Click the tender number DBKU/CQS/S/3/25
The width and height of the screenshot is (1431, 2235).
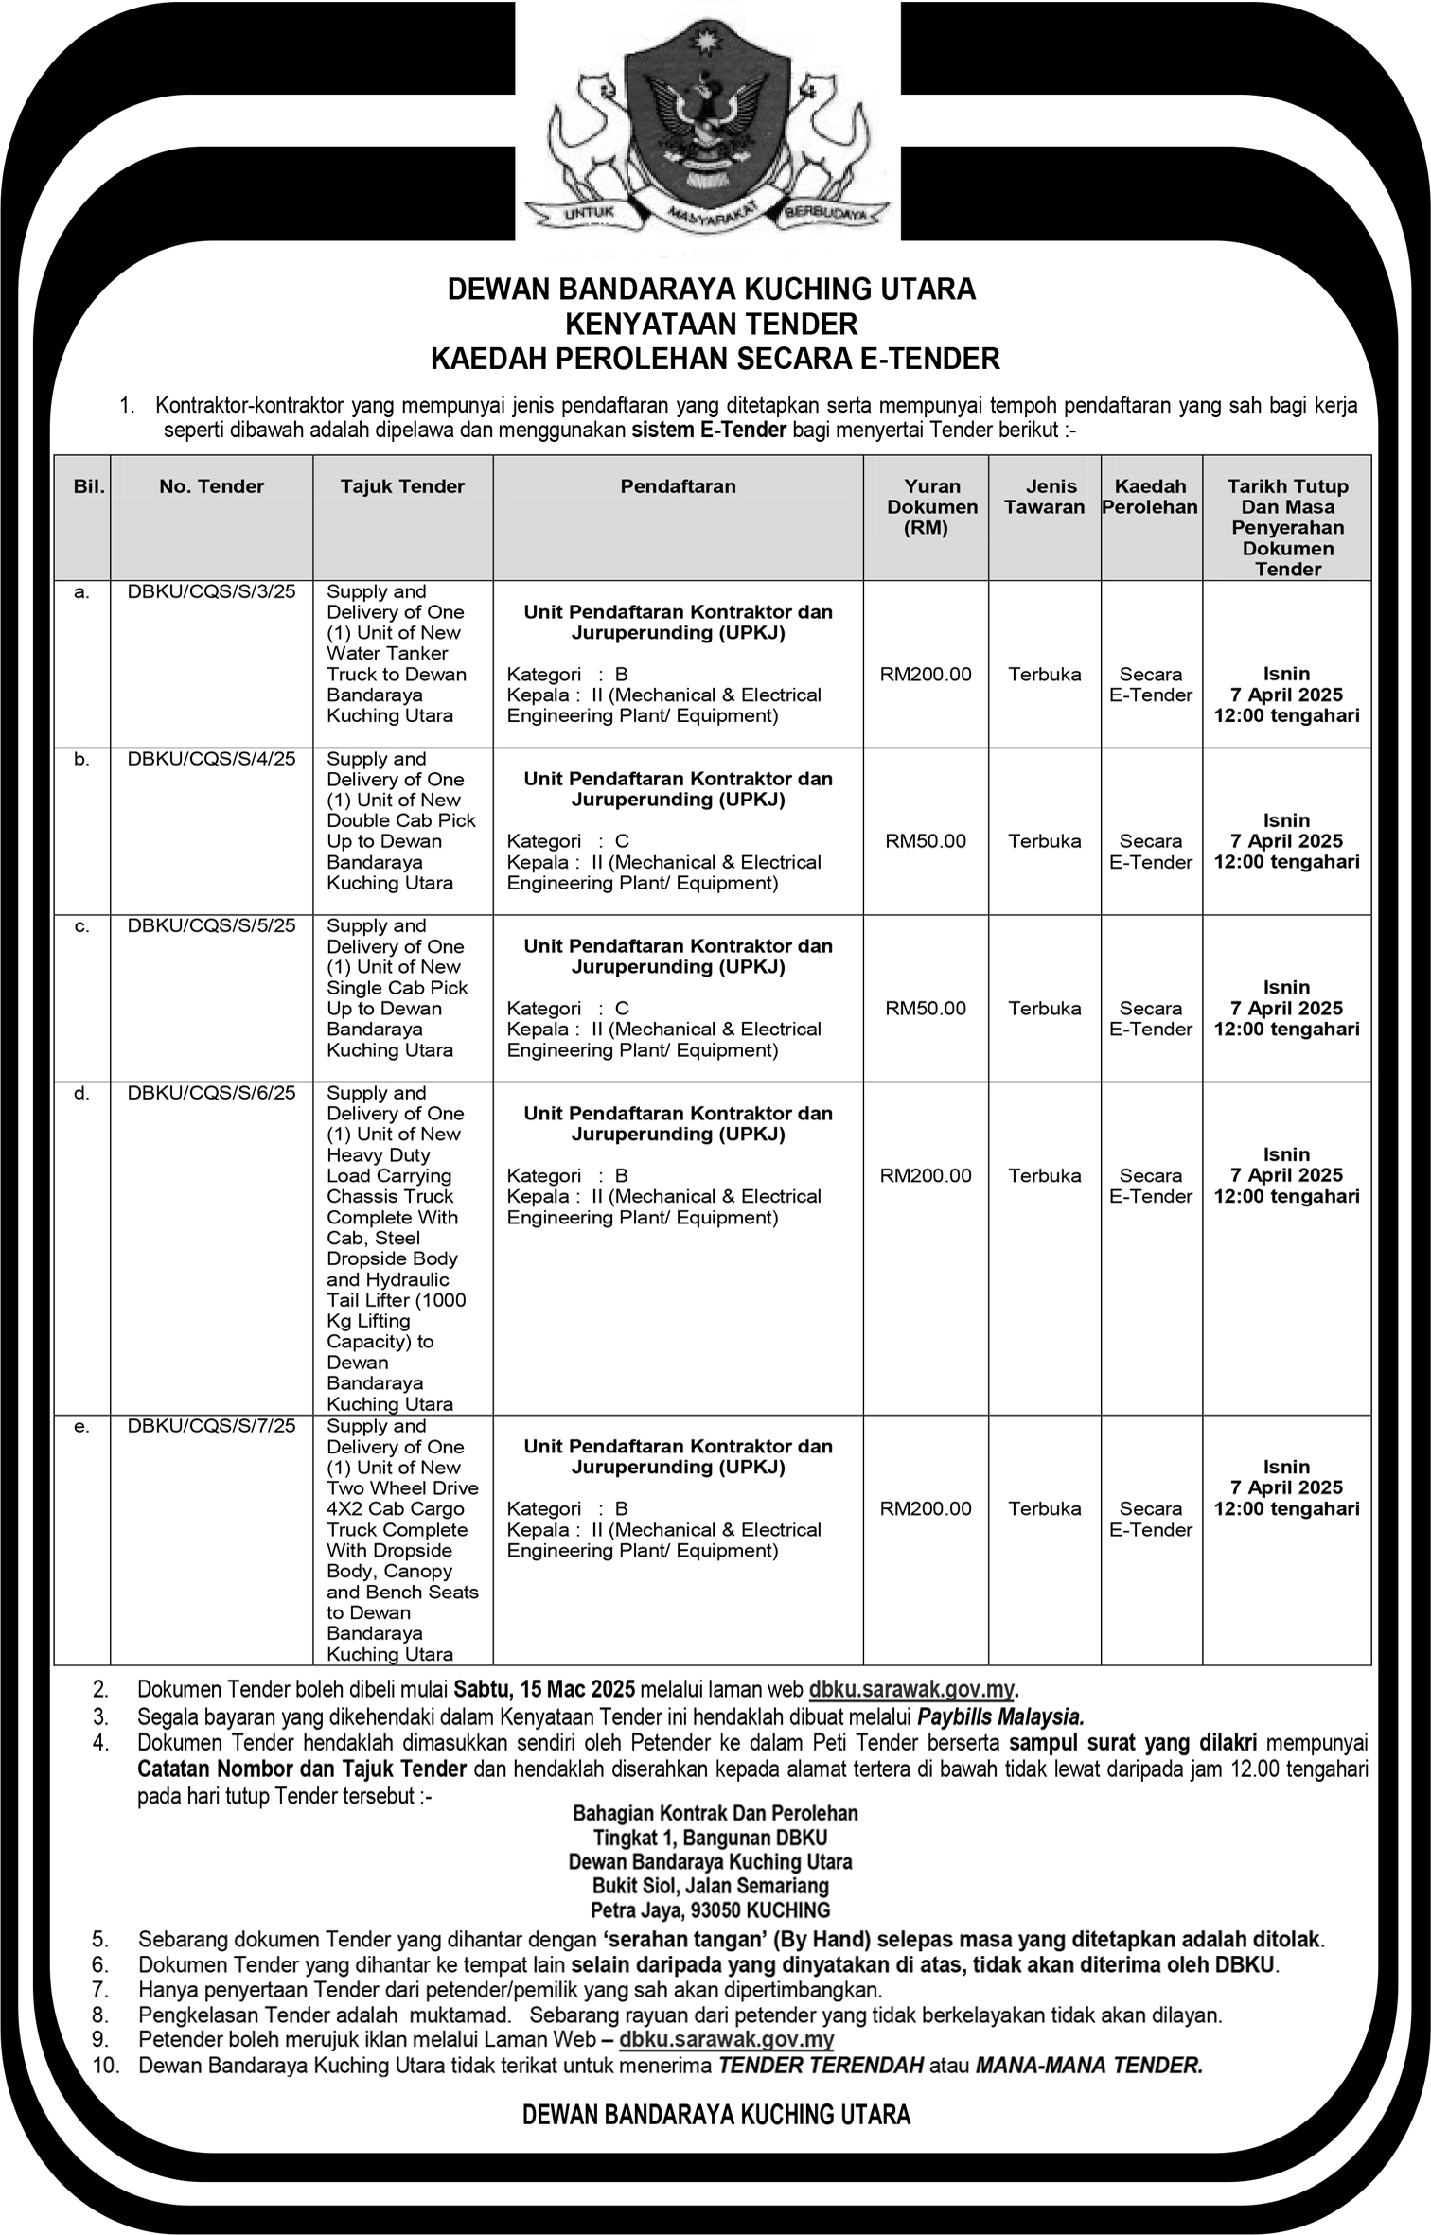coord(211,591)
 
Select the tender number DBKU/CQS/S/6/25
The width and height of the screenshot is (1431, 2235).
coord(211,1093)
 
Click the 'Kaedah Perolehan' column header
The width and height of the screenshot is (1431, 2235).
coord(1150,497)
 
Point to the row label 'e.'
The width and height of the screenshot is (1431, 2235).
coord(82,1426)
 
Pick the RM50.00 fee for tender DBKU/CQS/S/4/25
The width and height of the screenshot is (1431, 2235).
coord(926,841)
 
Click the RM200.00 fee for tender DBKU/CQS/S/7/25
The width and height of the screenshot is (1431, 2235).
coord(926,1508)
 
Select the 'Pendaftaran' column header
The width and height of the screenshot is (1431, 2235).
coord(678,486)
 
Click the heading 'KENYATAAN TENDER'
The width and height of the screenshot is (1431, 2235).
coord(711,325)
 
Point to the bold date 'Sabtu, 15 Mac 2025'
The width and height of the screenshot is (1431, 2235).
coord(544,1689)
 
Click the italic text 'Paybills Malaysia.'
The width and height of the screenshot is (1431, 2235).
coord(1000,1716)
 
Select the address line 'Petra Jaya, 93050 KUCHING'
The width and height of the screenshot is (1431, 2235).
coord(710,1910)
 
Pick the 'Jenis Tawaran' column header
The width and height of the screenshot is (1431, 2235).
coord(1044,497)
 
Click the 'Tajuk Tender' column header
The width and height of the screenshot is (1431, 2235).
coord(402,486)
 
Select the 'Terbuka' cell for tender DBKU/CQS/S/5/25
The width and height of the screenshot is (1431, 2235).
coord(1044,1009)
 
